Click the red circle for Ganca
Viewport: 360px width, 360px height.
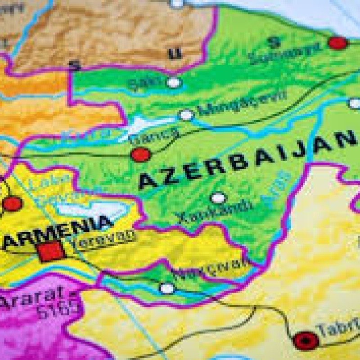coord(141,155)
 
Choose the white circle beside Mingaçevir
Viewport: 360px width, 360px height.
coord(185,115)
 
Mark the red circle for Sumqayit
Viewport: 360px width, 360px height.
coord(337,43)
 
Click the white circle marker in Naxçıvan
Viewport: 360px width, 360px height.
coord(167,288)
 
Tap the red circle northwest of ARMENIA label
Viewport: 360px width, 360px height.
coord(12,204)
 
